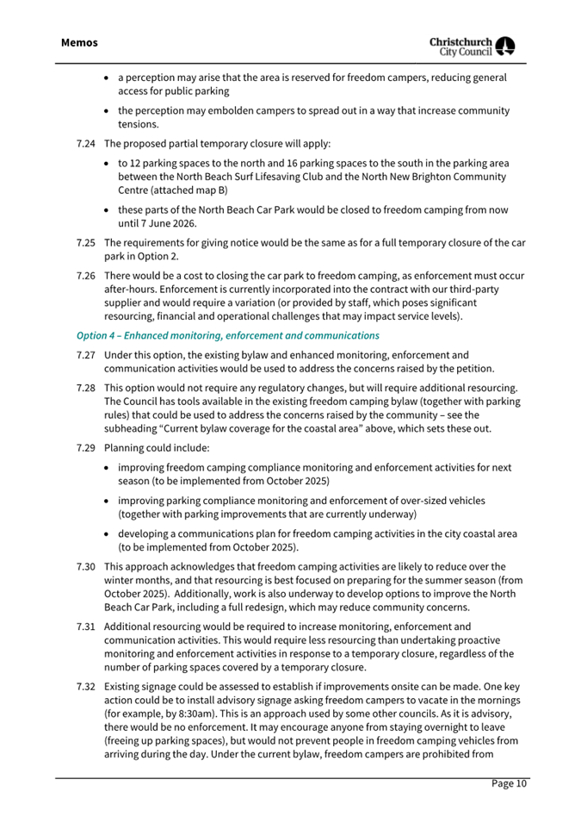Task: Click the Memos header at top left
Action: [x=79, y=42]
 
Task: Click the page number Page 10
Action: [x=510, y=783]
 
